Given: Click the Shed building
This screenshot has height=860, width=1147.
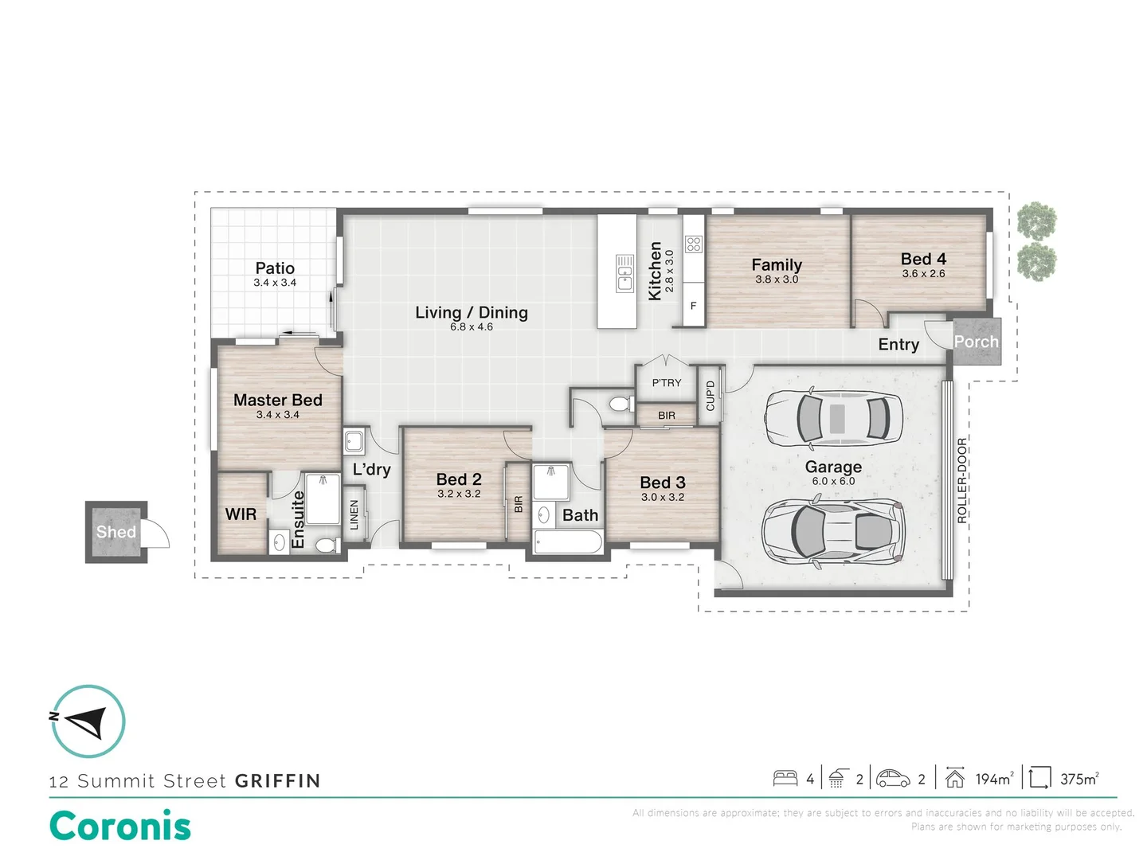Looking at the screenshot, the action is coord(116,532).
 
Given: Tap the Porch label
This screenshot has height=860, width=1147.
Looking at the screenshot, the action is coord(976,342).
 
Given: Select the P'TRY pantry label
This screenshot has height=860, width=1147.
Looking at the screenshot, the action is coord(666,383).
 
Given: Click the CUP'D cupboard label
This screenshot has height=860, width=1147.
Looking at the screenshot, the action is coord(710,395).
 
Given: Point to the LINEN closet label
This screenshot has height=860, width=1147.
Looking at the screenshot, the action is coord(354,514).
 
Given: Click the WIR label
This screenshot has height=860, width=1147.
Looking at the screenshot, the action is coord(241,514).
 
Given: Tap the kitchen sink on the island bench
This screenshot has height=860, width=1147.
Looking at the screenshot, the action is coord(624,274).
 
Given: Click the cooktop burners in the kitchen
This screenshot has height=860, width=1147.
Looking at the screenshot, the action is coord(694,244).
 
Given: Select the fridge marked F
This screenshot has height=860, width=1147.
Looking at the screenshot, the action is coord(694,306).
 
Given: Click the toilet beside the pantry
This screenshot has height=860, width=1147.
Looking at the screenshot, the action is coord(621,405).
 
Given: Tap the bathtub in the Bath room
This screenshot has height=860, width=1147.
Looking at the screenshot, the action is coord(567,542).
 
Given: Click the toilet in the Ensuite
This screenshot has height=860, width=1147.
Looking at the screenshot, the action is coord(328,545).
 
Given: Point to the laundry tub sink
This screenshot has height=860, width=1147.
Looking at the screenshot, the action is coord(354,441).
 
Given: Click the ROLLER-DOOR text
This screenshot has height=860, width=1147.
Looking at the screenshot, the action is coord(961,480).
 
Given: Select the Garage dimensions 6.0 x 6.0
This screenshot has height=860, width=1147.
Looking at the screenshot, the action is coord(833,481).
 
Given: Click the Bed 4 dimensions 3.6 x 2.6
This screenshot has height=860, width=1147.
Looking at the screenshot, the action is coord(923,273).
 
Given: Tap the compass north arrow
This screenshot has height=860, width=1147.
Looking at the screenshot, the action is coord(86,722).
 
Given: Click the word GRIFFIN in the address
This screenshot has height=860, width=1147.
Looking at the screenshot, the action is coord(277,780).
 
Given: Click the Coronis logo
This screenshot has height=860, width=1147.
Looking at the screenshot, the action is coord(120,826).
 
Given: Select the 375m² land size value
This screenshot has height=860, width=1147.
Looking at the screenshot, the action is coord(1079,779).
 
